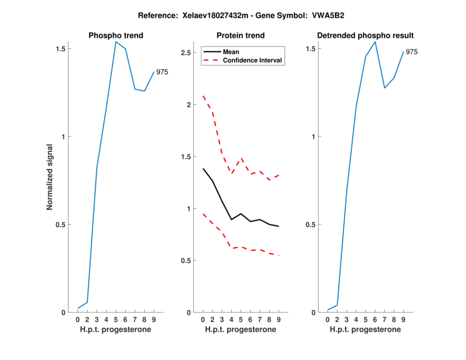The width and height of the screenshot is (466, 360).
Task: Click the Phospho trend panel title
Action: click(x=115, y=36)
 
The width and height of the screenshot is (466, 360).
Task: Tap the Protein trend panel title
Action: click(x=240, y=36)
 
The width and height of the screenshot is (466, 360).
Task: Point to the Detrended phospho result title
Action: click(x=365, y=36)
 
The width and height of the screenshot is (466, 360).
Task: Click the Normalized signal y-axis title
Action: click(x=50, y=177)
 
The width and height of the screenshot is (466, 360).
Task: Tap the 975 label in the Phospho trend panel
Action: click(x=163, y=72)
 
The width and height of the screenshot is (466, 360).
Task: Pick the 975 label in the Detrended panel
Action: click(x=412, y=52)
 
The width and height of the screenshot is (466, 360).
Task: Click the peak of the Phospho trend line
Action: click(x=116, y=42)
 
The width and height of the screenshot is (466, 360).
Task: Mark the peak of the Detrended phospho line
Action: click(x=375, y=42)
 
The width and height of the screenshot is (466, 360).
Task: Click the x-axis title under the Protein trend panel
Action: click(x=240, y=330)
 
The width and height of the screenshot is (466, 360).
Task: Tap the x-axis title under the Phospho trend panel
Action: click(x=115, y=330)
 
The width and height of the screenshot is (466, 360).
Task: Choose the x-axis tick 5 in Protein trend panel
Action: click(x=241, y=320)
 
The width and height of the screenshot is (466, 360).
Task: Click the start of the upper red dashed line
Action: click(x=203, y=96)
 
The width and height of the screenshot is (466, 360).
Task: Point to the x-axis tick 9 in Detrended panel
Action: click(x=403, y=320)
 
